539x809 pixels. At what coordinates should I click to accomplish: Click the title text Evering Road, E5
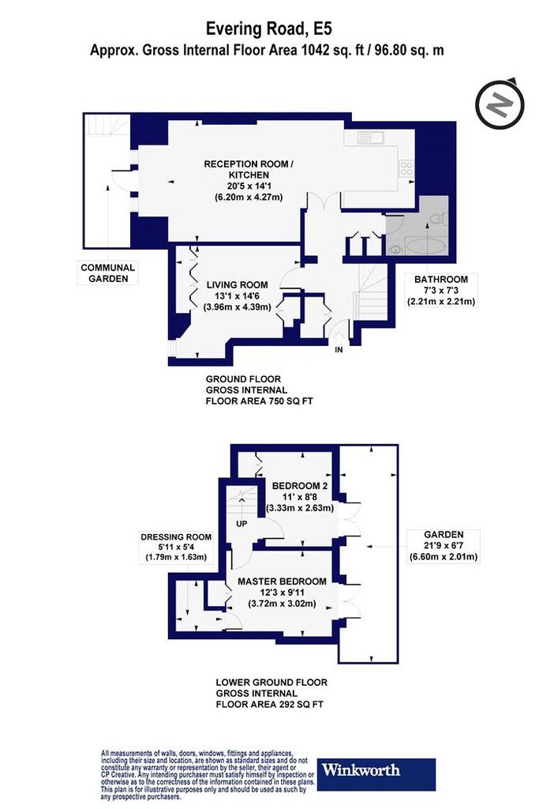[x=265, y=28]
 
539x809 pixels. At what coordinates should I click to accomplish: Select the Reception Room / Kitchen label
[x=249, y=180]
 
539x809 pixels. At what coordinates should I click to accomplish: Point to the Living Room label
[x=237, y=295]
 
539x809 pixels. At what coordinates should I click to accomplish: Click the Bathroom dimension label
[x=441, y=291]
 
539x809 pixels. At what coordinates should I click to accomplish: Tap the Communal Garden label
[x=107, y=273]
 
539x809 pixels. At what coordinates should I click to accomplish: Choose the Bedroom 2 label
[x=300, y=497]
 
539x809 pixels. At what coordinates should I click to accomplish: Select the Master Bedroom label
[x=282, y=593]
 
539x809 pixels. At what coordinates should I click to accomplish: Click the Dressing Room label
[x=176, y=547]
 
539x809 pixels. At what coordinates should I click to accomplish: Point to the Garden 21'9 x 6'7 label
[x=444, y=546]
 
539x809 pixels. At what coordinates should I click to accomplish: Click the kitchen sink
[x=370, y=137]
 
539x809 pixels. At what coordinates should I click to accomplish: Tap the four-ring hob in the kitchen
[x=406, y=168]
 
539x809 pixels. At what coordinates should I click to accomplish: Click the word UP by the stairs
[x=241, y=524]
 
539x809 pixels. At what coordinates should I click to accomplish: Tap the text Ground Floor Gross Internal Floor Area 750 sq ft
[x=259, y=390]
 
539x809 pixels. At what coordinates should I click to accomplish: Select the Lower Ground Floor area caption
[x=271, y=693]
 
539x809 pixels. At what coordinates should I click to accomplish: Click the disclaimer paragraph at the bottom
[x=208, y=775]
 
